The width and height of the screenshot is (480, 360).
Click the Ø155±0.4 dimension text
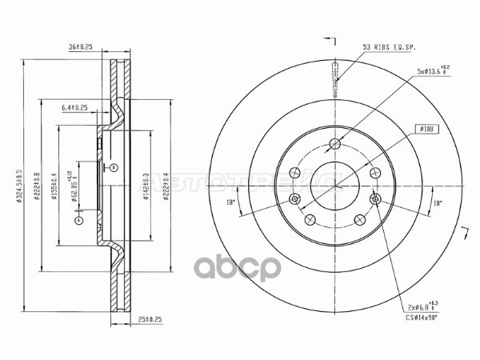[x=54, y=185]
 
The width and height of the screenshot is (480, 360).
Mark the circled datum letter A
[x=78, y=219]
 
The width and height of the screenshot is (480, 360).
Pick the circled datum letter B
[x=114, y=166]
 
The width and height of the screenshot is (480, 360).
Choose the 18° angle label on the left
[x=232, y=202]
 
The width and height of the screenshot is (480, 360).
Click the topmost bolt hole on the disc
[x=334, y=145]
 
